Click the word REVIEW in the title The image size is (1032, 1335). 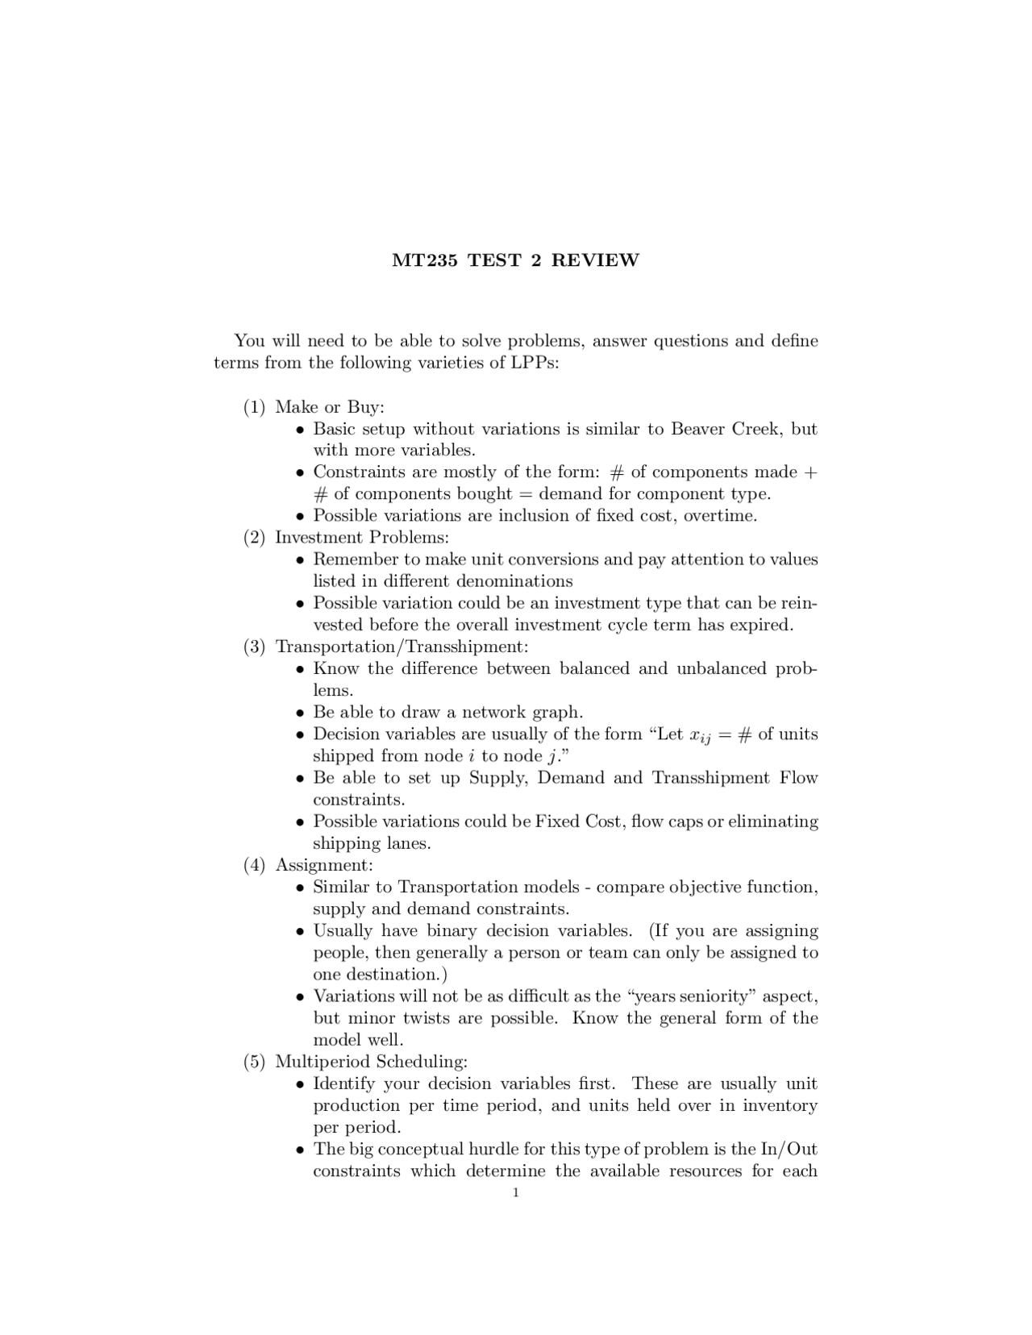point(595,260)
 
